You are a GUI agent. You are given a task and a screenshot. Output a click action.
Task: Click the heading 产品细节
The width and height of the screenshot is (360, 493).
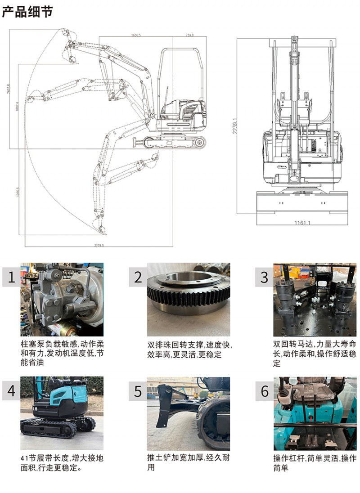coord(27,11)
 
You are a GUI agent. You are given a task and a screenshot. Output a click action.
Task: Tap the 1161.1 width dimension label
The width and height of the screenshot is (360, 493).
coord(302,223)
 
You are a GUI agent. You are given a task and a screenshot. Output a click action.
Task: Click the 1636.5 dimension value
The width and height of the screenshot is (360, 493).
coord(136,35)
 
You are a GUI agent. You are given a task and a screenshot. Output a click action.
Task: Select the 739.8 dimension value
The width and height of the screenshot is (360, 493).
coord(189,35)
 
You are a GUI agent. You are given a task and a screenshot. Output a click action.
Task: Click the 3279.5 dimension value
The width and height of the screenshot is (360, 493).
coord(99,245)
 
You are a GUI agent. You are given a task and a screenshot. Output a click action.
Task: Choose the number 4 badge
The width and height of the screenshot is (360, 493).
coord(11,390)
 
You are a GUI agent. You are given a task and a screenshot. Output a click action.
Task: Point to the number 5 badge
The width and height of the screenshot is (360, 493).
coord(138,390)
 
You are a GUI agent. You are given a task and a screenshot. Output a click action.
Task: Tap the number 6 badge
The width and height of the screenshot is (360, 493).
coord(265,390)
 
